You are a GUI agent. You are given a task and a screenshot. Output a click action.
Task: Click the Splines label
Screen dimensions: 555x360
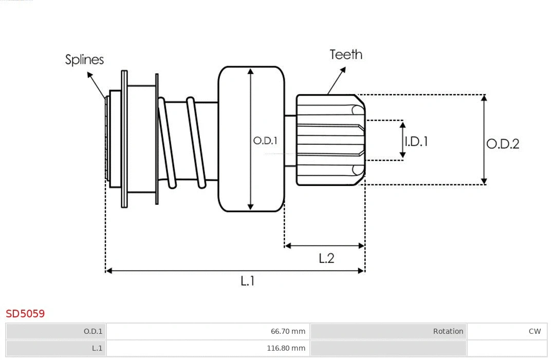click(x=84, y=60)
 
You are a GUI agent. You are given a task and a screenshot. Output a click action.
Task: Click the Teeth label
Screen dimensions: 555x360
click(x=346, y=54)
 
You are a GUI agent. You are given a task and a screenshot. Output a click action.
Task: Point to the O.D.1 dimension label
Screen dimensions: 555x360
click(x=265, y=141)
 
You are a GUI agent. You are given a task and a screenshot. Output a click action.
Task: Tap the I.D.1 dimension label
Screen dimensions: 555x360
click(x=416, y=141)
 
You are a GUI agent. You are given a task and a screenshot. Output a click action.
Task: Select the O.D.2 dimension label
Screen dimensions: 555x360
click(x=503, y=144)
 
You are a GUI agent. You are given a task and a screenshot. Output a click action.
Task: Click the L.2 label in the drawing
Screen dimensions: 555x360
click(x=326, y=258)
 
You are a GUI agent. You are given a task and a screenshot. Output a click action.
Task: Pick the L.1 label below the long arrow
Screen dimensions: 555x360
click(x=247, y=281)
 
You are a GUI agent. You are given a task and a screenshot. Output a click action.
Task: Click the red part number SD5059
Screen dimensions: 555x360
click(x=25, y=314)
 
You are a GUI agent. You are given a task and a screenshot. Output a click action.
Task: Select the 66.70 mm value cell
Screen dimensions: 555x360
click(x=208, y=331)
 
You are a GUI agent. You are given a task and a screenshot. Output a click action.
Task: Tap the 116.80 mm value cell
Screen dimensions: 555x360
click(x=208, y=348)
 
